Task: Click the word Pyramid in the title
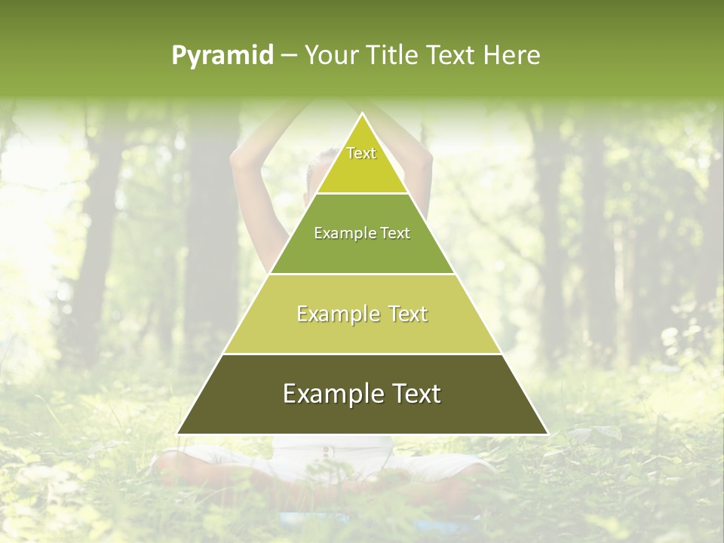[x=222, y=55]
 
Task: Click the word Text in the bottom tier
[x=413, y=394]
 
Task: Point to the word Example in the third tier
[x=336, y=314]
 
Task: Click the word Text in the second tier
[x=395, y=233]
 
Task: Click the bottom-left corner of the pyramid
[x=178, y=433]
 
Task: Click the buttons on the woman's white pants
[x=327, y=452]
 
